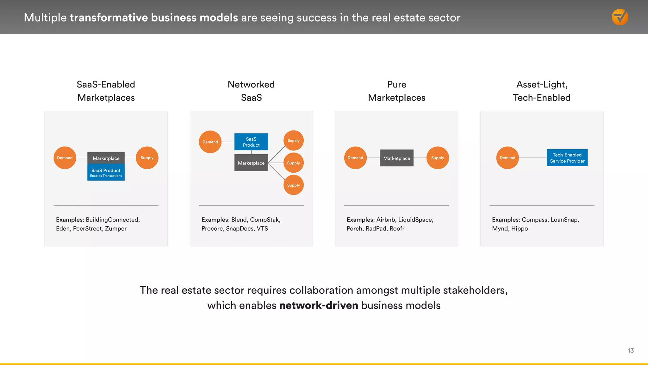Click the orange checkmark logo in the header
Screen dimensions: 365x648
click(620, 17)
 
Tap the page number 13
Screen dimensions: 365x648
click(631, 350)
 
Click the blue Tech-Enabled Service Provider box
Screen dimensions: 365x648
click(567, 158)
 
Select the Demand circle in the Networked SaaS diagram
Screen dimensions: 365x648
click(210, 142)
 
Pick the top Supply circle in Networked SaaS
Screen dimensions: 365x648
click(293, 141)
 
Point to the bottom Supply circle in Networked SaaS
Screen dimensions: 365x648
click(293, 185)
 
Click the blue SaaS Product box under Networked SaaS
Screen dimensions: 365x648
click(251, 142)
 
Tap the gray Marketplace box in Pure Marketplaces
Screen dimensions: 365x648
click(396, 158)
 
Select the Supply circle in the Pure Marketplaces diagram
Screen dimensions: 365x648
click(438, 158)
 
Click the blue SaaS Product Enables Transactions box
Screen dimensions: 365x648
click(106, 172)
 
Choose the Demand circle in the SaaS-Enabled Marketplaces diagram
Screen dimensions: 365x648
click(65, 158)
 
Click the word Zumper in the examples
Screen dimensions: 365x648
click(116, 228)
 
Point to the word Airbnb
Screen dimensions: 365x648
click(386, 220)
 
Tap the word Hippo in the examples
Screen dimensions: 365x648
click(520, 228)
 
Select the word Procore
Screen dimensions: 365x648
click(212, 228)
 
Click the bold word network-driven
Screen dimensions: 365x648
click(319, 305)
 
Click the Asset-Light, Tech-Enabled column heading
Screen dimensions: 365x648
click(542, 91)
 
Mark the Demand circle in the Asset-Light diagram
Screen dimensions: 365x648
click(508, 158)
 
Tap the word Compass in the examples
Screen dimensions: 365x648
click(534, 220)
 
